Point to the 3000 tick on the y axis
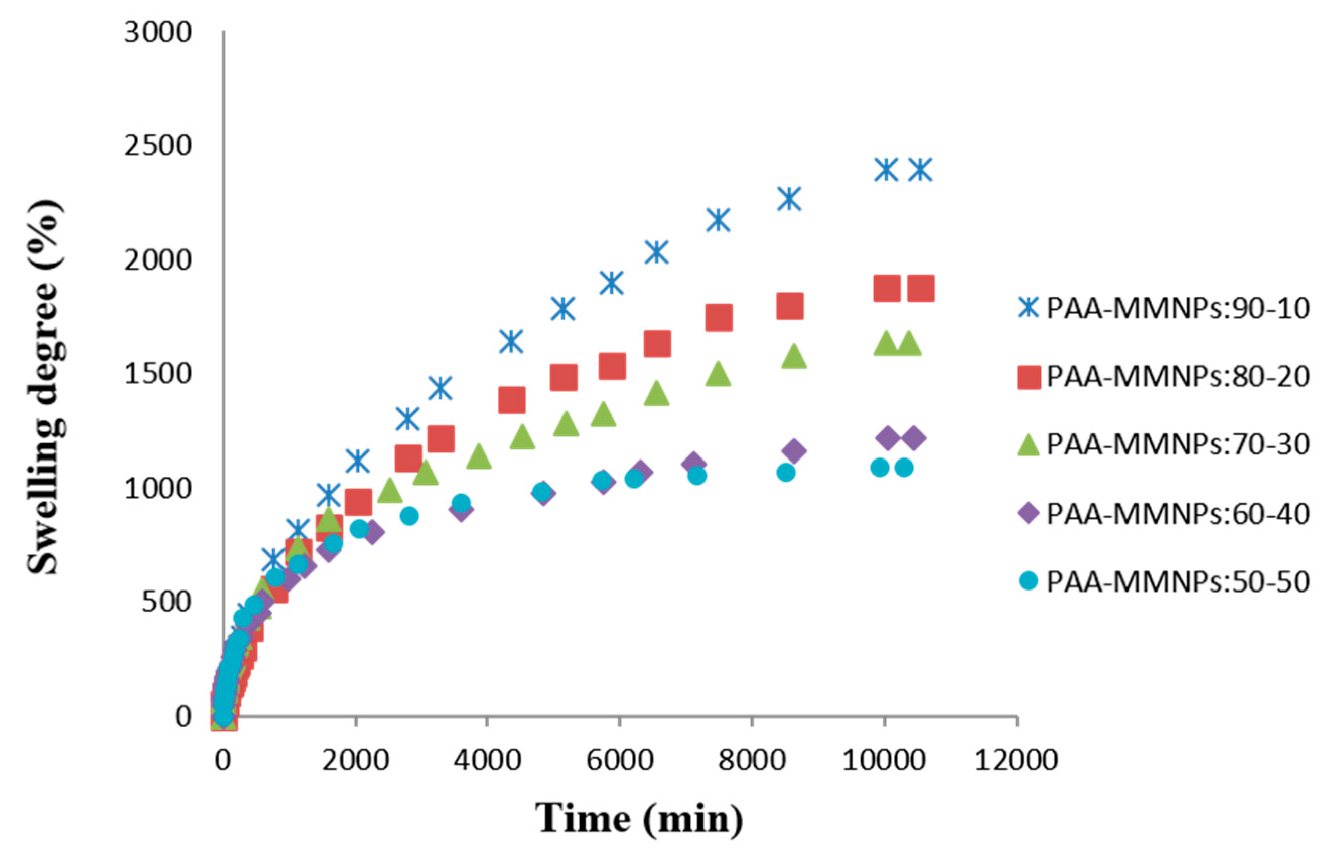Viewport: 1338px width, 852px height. click(158, 32)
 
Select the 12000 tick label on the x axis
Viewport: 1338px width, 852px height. click(1016, 760)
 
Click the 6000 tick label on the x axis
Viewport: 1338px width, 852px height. click(619, 760)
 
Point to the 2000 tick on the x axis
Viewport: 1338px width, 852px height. click(356, 760)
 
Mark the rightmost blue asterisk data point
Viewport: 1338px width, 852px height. click(920, 169)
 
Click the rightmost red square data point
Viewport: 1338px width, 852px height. click(920, 288)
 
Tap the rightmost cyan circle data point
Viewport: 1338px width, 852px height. click(904, 468)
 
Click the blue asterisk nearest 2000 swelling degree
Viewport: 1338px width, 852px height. click(657, 252)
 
